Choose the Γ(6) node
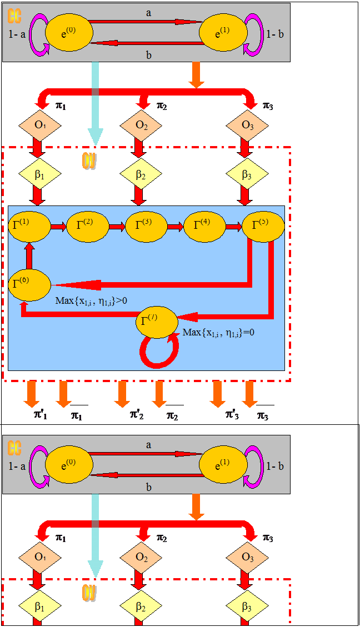(29, 284)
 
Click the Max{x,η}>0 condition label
(92, 301)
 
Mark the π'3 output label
(232, 414)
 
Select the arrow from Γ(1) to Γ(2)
(58, 227)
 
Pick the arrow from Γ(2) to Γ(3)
(117, 227)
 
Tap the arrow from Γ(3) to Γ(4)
(176, 227)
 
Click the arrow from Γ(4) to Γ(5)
(233, 227)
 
